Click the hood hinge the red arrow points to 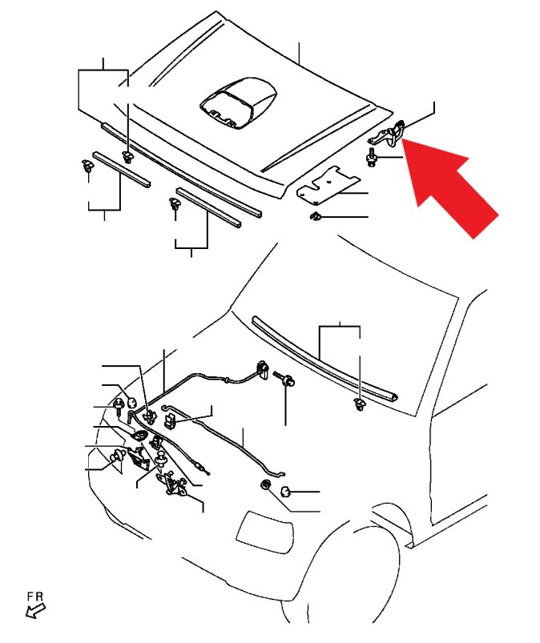tap(389, 132)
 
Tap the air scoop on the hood tap(239, 102)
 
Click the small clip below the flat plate tap(315, 215)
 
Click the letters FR tap(35, 597)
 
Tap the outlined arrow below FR tap(35, 611)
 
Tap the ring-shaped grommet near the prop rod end tap(266, 485)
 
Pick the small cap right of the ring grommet tap(286, 491)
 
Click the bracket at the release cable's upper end tap(262, 369)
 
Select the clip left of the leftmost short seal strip tap(87, 165)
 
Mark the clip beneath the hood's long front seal tap(128, 157)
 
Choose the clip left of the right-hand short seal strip tap(175, 203)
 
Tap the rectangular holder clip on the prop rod tap(170, 420)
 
